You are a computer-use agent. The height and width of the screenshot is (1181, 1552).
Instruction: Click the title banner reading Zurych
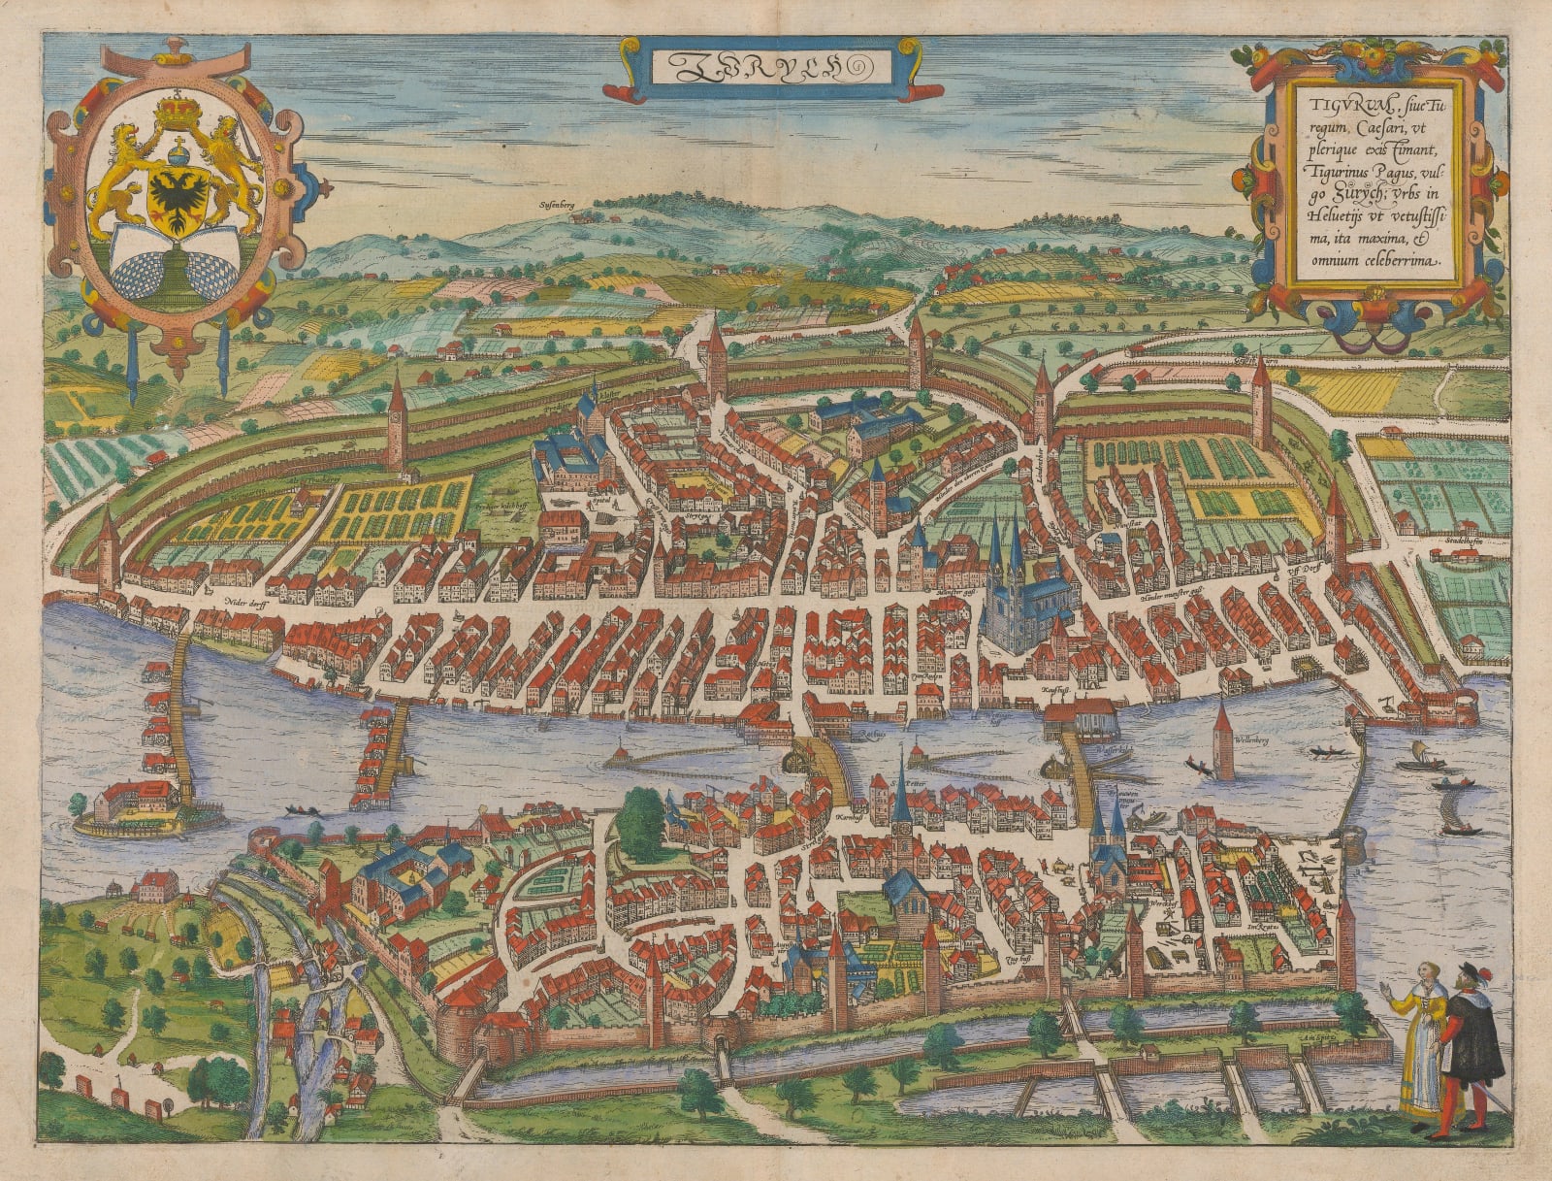coord(773,67)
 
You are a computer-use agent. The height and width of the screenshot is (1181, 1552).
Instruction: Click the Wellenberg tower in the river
coord(1223,742)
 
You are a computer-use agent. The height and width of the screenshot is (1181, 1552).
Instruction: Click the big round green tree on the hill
coord(639,827)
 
